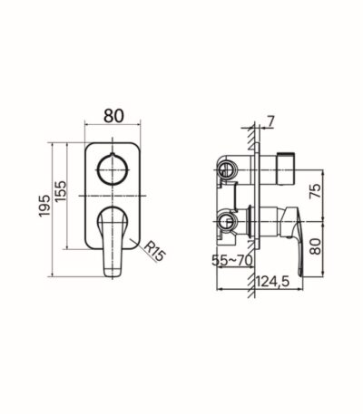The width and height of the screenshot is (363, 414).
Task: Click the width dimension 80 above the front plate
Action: click(113, 116)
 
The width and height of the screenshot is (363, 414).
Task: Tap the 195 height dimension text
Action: click(44, 206)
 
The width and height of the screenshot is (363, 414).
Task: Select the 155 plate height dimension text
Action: click(60, 191)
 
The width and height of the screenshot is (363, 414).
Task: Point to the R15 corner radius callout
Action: click(155, 252)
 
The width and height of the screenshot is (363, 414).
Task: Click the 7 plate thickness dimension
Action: click(270, 121)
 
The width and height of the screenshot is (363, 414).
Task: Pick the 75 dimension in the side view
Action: click(315, 191)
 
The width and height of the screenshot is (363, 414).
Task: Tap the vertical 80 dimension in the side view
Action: click(316, 246)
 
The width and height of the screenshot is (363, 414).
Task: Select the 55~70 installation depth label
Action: click(232, 260)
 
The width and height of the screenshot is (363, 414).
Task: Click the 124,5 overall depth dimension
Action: click(273, 282)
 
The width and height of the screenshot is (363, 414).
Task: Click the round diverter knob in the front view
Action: click(113, 169)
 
